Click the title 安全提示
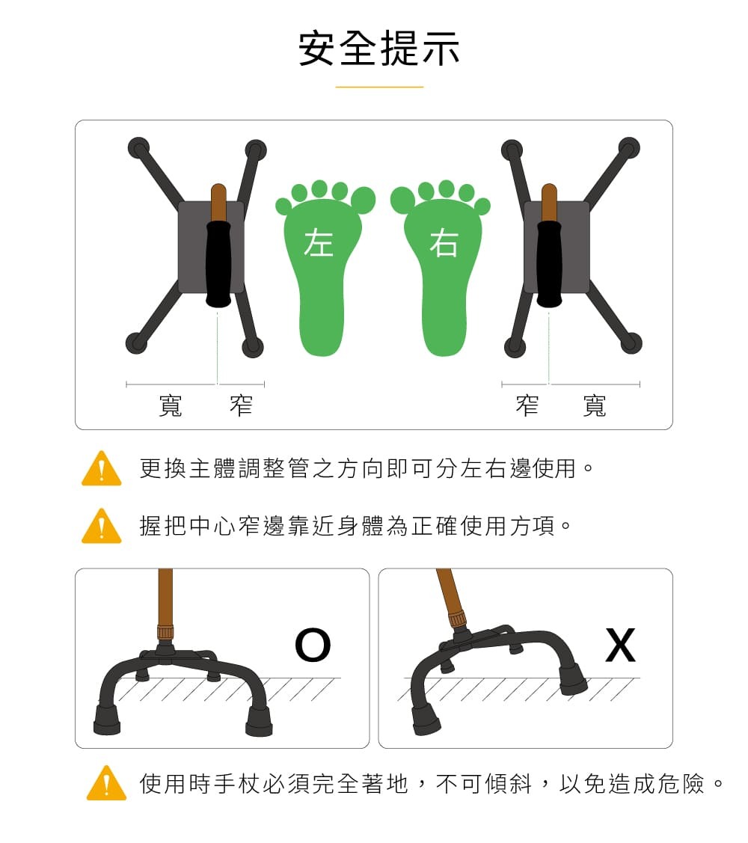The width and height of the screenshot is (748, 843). click(379, 49)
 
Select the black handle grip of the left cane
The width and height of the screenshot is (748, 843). click(218, 263)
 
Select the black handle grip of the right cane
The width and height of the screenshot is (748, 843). click(549, 263)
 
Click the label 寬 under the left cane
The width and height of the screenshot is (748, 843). click(171, 405)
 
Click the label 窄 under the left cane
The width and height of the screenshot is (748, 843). click(241, 405)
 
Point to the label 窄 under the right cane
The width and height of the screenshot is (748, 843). click(527, 405)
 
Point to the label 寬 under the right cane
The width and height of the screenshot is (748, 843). click(595, 405)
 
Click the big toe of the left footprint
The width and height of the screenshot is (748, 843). click(363, 200)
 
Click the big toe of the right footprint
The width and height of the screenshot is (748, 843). click(402, 200)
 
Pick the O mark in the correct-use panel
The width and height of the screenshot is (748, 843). click(312, 646)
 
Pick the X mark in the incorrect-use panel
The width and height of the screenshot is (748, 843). click(620, 646)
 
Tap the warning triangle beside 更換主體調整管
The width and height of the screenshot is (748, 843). click(101, 470)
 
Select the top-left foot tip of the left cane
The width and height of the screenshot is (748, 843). click(138, 147)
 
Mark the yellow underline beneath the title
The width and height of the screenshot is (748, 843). click(379, 87)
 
